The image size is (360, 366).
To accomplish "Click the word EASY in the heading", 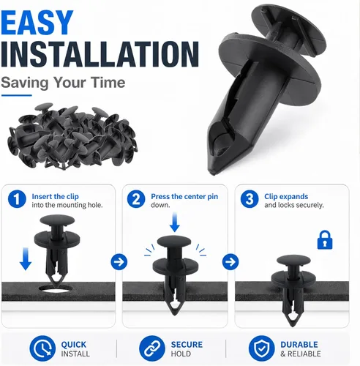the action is point(37,23).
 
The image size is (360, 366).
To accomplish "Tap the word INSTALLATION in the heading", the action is point(100,54).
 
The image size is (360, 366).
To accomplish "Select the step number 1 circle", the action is point(17,199).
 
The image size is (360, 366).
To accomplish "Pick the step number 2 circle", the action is point(136,199).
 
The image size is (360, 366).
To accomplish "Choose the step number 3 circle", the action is point(250,199).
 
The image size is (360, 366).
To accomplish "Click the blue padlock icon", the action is point(325,240).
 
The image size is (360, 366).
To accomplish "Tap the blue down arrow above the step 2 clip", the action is point(175,223).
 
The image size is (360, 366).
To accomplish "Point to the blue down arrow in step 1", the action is point(26,259).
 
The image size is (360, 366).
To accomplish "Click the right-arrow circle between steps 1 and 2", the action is point(119,262).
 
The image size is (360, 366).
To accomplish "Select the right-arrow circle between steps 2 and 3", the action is point(230,262).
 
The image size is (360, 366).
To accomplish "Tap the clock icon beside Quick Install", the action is point(42,348).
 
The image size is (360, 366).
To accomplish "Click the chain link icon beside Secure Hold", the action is point(152,348).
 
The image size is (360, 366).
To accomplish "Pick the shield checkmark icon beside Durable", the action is point(261,348).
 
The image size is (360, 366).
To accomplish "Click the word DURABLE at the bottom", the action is point(299,345).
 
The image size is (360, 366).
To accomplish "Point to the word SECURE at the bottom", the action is point(187,345).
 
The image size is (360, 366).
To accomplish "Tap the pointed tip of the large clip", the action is point(213,173).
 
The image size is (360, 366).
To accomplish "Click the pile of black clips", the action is point(72,136).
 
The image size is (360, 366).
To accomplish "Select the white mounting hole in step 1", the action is point(56,288).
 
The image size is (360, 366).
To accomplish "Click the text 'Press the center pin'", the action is point(184,197).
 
